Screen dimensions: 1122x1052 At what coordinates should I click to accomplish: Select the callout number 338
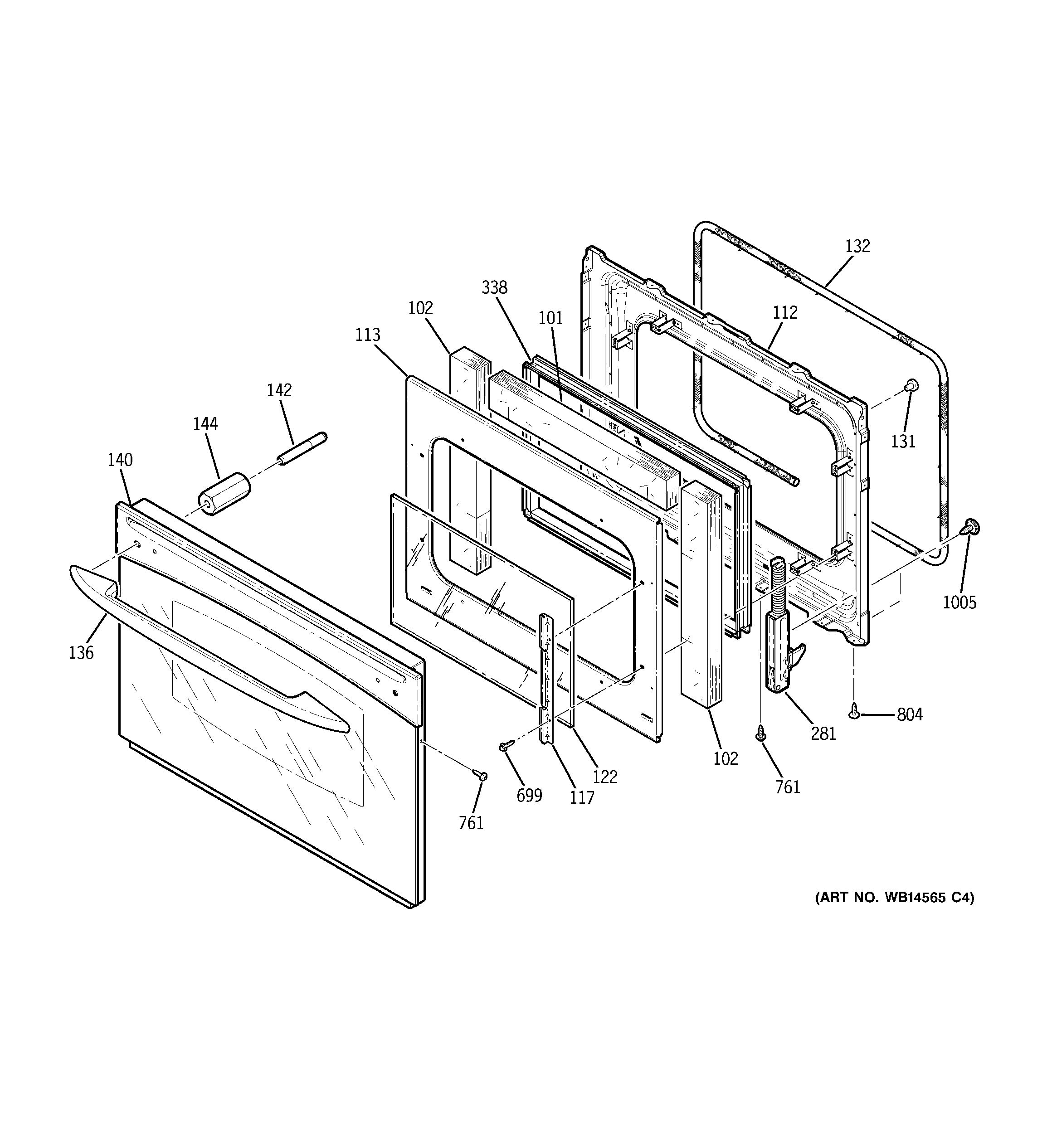tap(494, 288)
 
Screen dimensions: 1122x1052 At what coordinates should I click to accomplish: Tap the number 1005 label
tap(959, 603)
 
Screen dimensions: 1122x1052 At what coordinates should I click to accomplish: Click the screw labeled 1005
tap(971, 527)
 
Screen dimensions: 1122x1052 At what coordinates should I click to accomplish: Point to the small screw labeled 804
tap(854, 714)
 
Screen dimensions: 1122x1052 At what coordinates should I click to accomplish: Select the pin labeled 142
tap(302, 449)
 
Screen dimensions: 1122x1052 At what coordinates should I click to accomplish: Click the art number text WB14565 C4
tap(895, 913)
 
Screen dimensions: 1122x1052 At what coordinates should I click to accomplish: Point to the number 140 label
tap(120, 460)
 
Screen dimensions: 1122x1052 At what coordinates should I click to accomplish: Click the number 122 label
tap(605, 777)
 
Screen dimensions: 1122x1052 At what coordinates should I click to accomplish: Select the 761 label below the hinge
tap(788, 787)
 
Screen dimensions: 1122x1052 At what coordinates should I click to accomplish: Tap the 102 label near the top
tap(420, 308)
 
